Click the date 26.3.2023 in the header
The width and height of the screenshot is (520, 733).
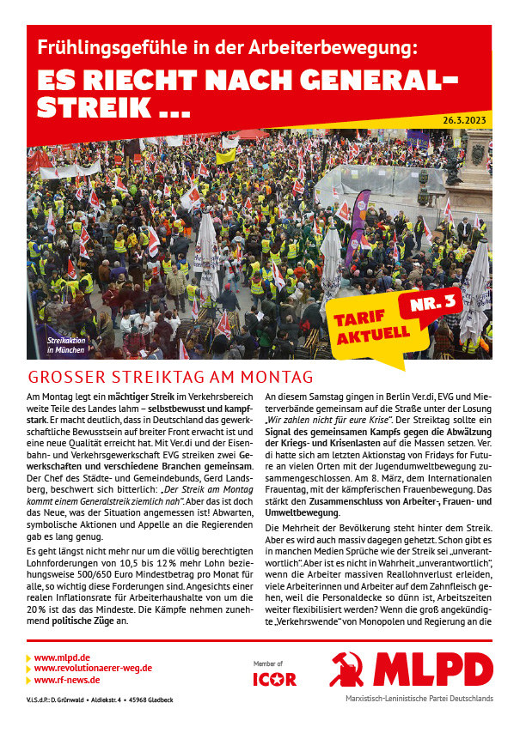coord(465,120)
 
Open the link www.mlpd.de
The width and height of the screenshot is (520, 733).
coord(64,657)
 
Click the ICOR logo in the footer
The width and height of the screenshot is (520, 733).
coord(275,679)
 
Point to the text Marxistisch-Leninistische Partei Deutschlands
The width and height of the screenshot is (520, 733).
coord(419,699)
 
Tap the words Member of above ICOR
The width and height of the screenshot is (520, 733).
coord(267,663)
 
